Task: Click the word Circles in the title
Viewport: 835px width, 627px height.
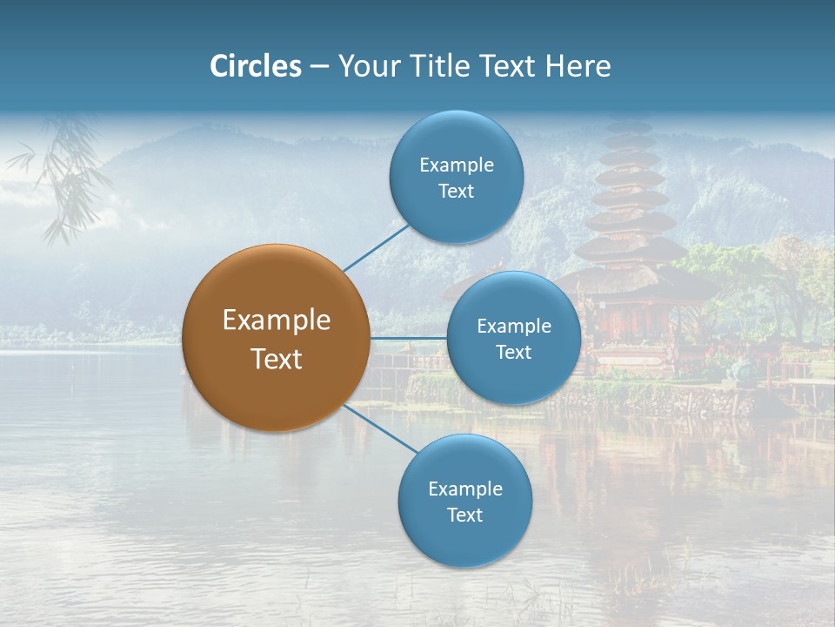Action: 256,66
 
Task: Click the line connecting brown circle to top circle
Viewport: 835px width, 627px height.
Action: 376,246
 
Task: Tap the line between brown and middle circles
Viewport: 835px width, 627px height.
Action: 408,338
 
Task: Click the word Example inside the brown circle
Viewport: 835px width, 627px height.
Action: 277,320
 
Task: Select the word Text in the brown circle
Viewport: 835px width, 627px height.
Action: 277,359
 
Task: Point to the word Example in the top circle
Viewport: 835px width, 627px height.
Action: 457,165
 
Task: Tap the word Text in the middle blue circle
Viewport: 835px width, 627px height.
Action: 513,352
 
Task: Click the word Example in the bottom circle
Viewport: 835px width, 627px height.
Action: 465,489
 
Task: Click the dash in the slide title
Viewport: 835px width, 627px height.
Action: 318,67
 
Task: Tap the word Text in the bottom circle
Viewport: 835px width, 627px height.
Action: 464,515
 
